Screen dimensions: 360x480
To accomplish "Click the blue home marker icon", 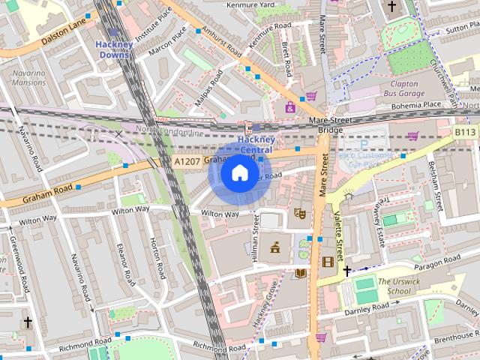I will coord(239,174).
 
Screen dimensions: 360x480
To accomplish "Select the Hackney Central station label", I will coord(256,145).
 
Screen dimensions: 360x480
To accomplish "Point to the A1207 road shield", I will coord(186,161).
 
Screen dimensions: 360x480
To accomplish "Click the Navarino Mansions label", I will coord(28,79).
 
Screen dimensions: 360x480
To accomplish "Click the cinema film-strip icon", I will coord(327,262).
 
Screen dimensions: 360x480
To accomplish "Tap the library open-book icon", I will coord(300,273).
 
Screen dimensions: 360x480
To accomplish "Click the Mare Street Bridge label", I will coord(330,124).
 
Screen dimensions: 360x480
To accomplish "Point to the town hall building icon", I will coord(275,247).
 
